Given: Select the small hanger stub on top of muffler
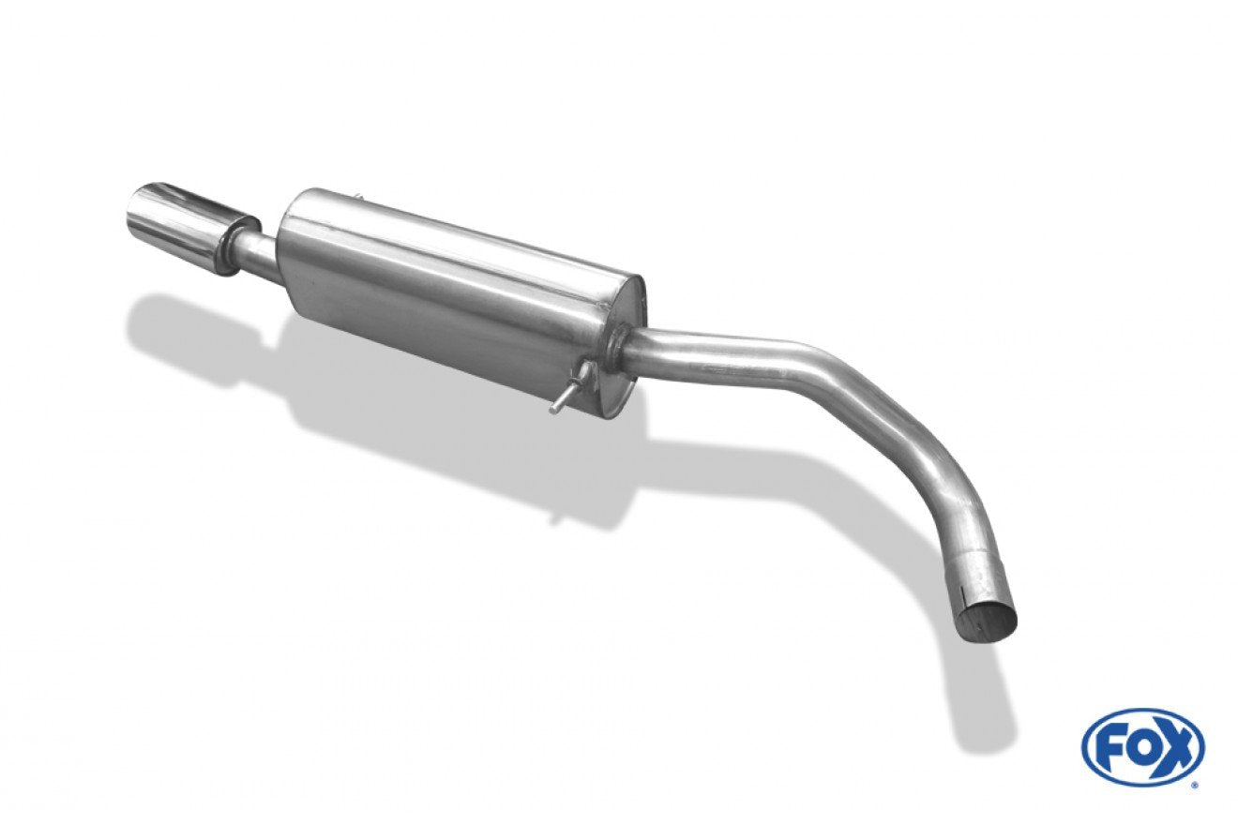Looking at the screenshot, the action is point(358,197).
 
